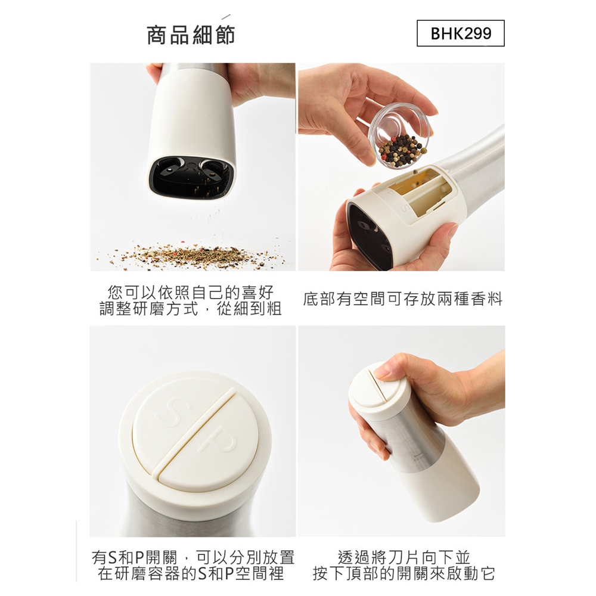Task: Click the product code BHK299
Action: (x=461, y=33)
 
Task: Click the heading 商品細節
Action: (x=191, y=35)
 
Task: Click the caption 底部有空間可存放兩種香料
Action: (x=403, y=299)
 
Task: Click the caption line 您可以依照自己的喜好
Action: (x=191, y=292)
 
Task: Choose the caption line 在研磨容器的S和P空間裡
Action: (x=191, y=573)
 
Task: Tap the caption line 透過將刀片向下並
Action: (x=403, y=557)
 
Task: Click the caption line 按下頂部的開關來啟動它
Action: (x=403, y=573)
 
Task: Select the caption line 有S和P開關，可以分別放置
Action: (x=193, y=557)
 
